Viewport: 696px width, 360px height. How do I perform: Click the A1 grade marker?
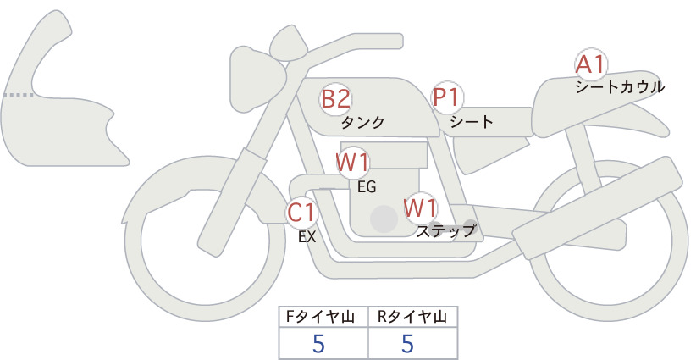click(591, 65)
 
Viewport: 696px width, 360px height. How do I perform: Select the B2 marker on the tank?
click(336, 99)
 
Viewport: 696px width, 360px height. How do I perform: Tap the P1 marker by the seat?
click(447, 97)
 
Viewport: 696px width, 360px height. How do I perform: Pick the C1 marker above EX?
click(301, 213)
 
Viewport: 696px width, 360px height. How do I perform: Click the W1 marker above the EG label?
click(353, 163)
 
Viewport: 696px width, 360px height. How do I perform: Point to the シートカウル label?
click(620, 87)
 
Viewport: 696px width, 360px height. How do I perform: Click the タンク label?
click(362, 123)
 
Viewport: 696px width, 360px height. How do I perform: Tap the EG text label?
click(367, 187)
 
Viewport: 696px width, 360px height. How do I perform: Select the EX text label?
click(307, 237)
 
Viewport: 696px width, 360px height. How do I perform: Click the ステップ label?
click(446, 231)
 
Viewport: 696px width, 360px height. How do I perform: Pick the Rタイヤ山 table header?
click(412, 317)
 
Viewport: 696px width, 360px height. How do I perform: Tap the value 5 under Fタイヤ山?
click(318, 343)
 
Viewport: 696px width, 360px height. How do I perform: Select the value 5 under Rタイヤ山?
click(407, 343)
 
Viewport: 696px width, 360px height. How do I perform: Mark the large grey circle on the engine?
click(384, 219)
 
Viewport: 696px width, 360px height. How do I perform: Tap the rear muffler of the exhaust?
click(597, 208)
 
